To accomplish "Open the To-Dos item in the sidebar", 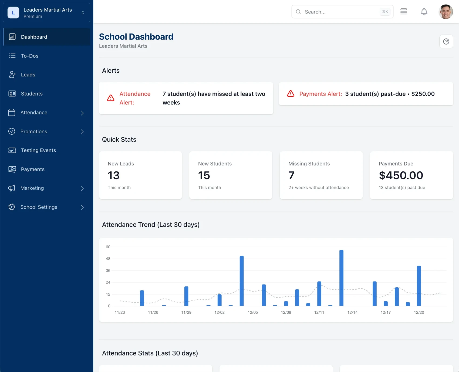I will click(30, 56).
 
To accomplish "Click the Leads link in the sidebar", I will click(28, 75).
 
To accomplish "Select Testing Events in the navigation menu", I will click(38, 150).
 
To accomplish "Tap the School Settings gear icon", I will click(12, 207).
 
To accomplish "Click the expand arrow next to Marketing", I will click(82, 188).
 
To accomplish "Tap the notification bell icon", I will click(424, 12).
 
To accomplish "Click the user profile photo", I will click(446, 12).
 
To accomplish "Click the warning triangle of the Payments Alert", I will click(291, 94).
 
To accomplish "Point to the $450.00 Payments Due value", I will click(401, 175).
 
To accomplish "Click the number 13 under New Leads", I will click(114, 175).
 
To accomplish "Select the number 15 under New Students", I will click(204, 175).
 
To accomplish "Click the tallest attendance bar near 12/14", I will click(341, 278).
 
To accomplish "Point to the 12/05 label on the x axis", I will click(253, 312).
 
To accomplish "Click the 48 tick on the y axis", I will click(108, 259).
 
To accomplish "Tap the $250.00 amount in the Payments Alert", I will click(423, 94).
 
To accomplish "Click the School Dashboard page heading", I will click(136, 37).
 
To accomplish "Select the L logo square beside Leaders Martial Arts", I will click(13, 13).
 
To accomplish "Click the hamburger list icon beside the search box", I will click(404, 12).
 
